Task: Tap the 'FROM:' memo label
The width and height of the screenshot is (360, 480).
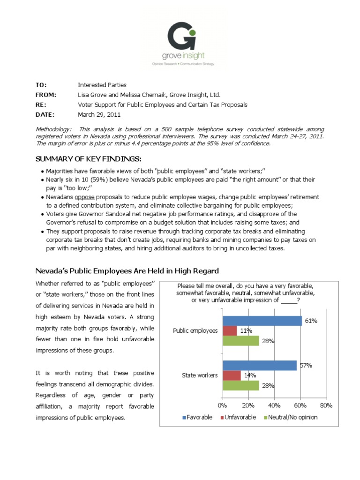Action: pyautogui.click(x=45, y=95)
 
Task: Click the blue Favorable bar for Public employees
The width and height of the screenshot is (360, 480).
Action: pyautogui.click(x=262, y=321)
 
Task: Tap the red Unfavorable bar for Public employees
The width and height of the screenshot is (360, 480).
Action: pyautogui.click(x=229, y=330)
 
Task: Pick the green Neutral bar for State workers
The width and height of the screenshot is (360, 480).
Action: pyautogui.click(x=240, y=385)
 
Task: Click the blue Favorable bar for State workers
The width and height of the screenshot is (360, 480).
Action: pyautogui.click(x=259, y=365)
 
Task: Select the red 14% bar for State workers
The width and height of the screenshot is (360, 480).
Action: pyautogui.click(x=231, y=375)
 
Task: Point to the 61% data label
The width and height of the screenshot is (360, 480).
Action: pyautogui.click(x=311, y=321)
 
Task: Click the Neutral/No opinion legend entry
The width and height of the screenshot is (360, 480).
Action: pyautogui.click(x=291, y=417)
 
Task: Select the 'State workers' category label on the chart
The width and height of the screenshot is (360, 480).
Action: pyautogui.click(x=199, y=375)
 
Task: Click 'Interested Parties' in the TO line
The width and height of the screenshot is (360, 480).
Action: pyautogui.click(x=102, y=85)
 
